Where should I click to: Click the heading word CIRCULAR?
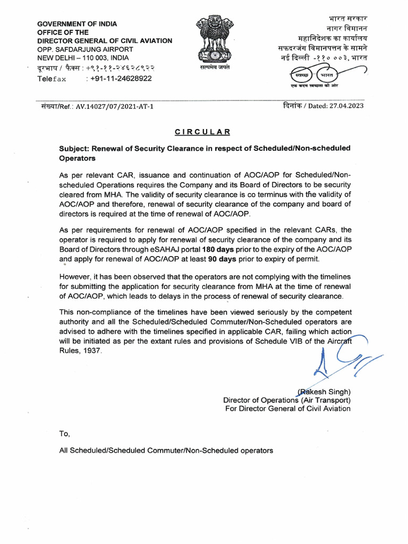pos(203,132)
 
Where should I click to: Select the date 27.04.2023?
pos(346,106)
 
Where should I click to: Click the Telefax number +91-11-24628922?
pos(121,79)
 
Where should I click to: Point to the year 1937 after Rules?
pos(88,351)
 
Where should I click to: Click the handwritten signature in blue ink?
pos(340,362)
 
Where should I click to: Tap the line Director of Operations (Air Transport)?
pos(286,401)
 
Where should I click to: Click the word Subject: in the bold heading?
pos(75,148)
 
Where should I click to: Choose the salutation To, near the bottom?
pos(65,433)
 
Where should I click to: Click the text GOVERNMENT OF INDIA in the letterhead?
pos(77,24)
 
